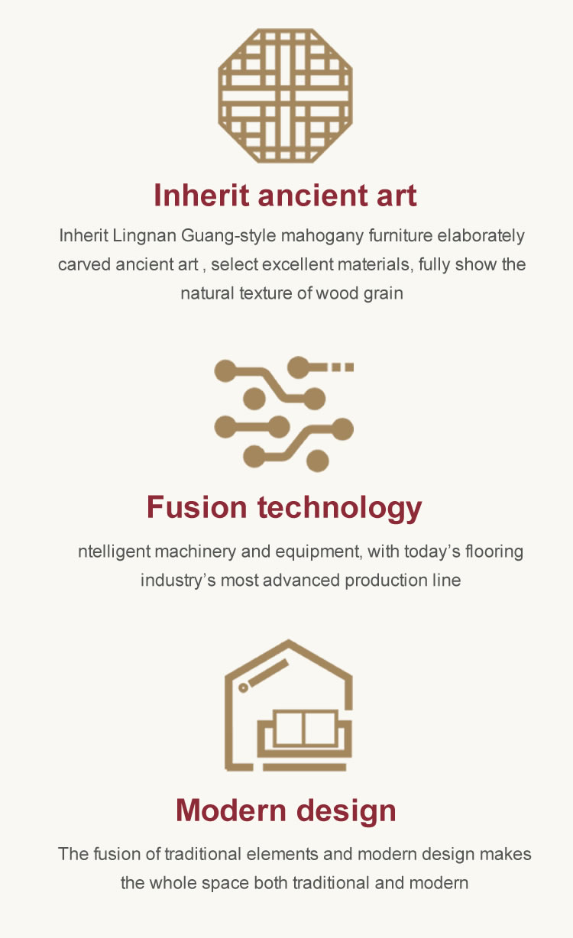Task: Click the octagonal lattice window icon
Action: coord(285,95)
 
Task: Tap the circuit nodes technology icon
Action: coord(284,414)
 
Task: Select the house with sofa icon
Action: coord(289,705)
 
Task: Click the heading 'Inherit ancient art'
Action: coord(285,195)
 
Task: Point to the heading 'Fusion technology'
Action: coord(284,508)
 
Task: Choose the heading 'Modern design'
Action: coord(286,810)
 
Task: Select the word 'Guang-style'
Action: coord(228,236)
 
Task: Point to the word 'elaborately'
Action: coord(481,235)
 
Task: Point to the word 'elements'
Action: coord(283,854)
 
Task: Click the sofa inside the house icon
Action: coord(304,733)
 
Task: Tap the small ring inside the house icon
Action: coord(243,688)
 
